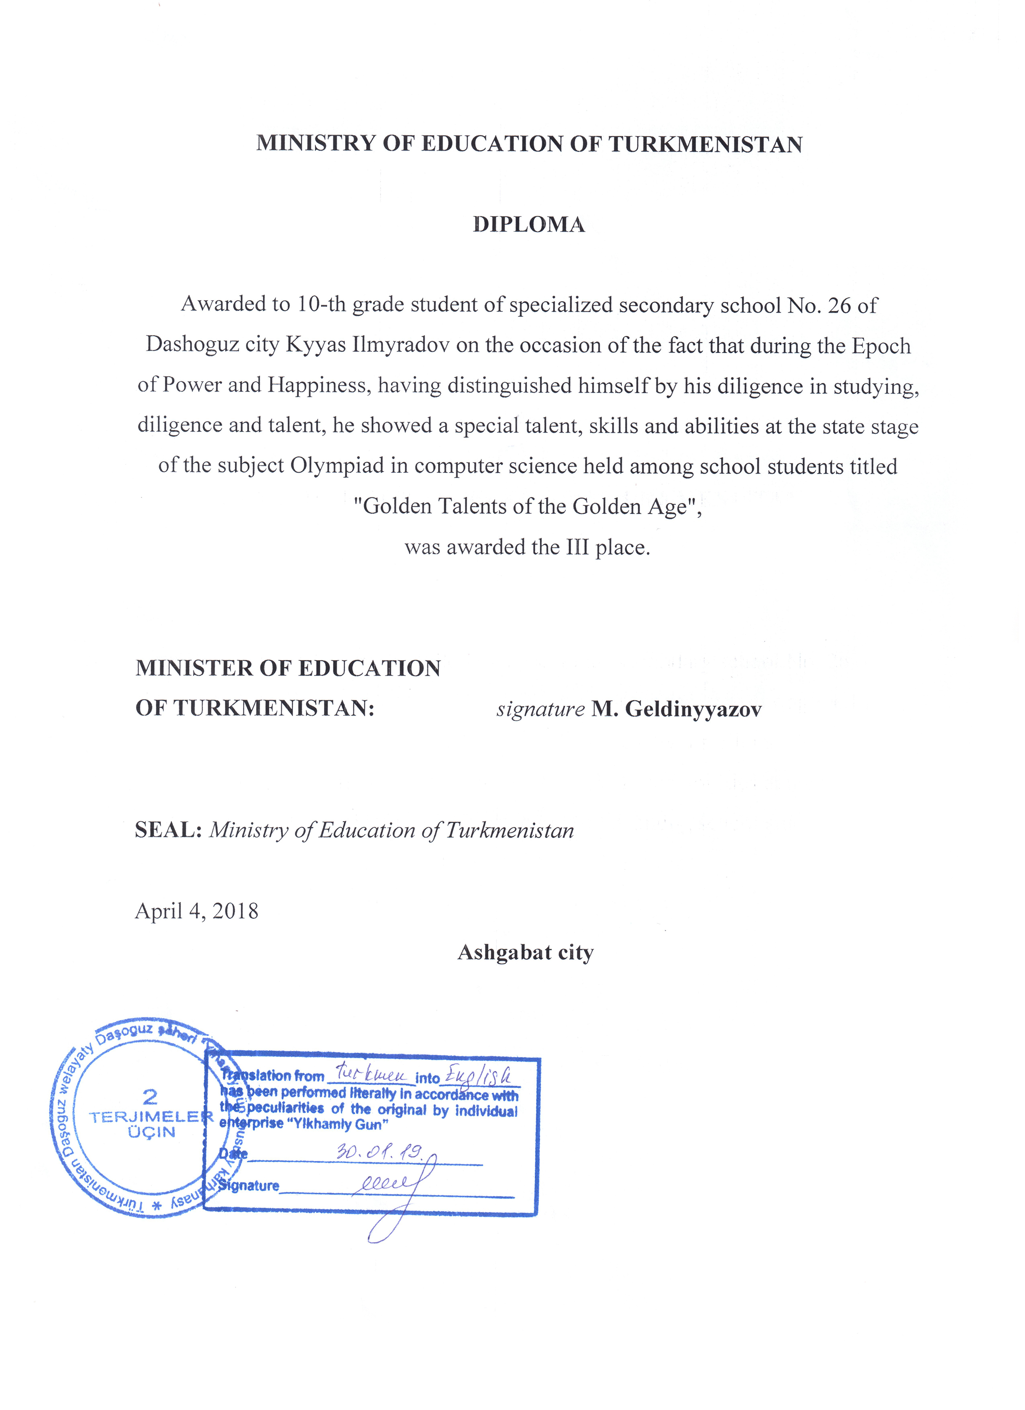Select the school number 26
pos(839,305)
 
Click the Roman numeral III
pos(577,547)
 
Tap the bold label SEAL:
pos(168,830)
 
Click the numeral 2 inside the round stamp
pos(150,1096)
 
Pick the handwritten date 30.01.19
pos(379,1151)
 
